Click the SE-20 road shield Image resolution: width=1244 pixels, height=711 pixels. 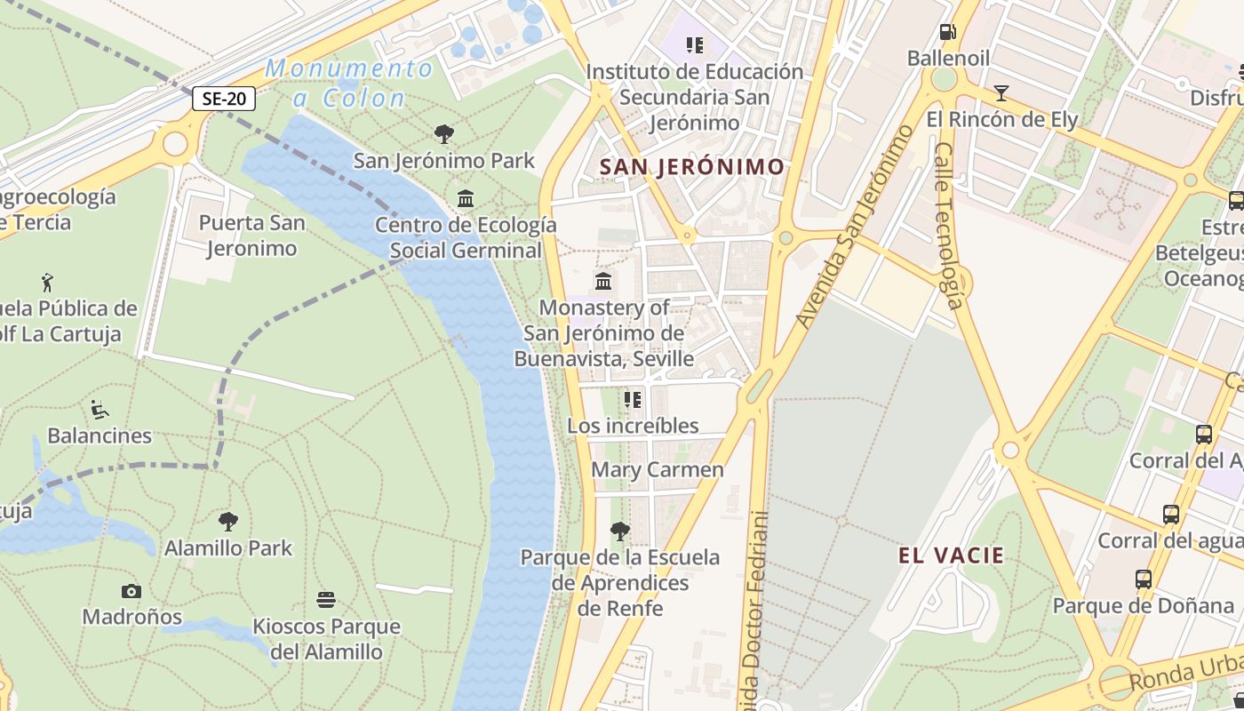point(224,99)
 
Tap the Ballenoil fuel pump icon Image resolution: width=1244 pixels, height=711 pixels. point(948,33)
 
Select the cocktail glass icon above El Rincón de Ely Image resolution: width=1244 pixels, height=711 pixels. point(1001,93)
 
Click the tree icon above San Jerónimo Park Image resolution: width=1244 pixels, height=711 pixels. point(444,134)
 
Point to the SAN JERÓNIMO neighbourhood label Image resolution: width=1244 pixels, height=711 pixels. point(692,166)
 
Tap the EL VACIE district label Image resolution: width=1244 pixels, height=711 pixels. point(951,556)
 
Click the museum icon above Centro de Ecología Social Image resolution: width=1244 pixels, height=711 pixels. point(465,198)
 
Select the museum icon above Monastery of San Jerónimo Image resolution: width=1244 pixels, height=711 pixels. point(603,282)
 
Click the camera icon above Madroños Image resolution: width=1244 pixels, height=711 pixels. point(132,591)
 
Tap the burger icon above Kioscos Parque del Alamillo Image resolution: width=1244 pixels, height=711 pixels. point(326,600)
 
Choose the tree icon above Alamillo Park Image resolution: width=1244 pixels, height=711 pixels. point(228,521)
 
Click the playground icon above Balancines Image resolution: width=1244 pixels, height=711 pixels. point(100,410)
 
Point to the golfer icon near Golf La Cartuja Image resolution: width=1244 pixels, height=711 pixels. point(47,283)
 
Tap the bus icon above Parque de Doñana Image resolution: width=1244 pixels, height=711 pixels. point(1144,579)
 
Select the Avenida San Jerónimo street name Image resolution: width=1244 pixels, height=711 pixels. point(854,228)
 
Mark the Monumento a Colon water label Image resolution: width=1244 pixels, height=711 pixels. point(349,83)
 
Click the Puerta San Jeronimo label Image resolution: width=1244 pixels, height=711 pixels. point(251,236)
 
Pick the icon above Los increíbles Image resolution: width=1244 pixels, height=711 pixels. point(633,400)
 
